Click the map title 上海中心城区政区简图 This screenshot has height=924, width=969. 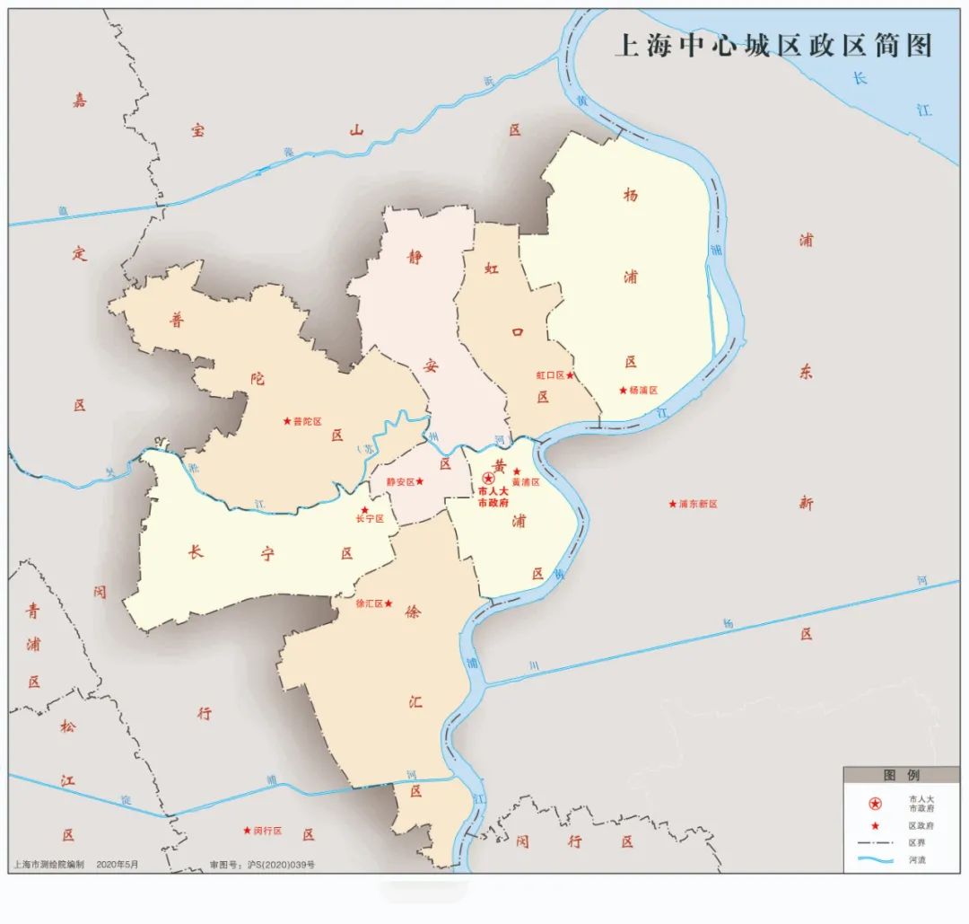773,45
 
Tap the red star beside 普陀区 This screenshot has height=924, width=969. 287,420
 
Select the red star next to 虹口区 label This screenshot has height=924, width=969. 570,375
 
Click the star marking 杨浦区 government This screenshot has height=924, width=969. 623,390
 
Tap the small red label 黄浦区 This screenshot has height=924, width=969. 526,482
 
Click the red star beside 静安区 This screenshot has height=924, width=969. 419,481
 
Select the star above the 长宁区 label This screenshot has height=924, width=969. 364,509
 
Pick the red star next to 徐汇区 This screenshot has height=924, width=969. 388,603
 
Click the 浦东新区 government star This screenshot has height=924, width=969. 672,504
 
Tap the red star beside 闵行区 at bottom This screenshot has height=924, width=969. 247,831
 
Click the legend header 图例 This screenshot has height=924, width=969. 901,775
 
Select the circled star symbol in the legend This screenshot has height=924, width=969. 875,803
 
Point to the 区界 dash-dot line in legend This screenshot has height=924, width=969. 875,843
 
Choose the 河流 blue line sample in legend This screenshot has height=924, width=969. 875,860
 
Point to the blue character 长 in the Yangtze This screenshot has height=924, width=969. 860,78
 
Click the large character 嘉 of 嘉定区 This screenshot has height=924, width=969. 80,101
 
